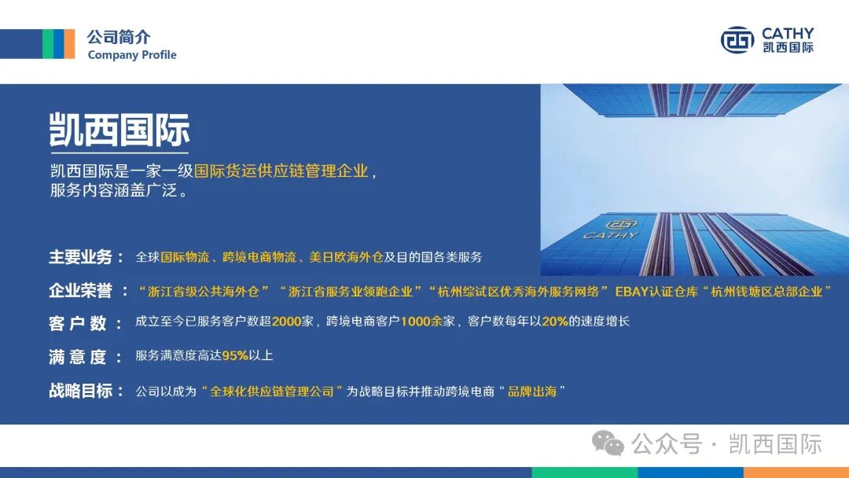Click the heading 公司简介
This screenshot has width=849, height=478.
click(118, 37)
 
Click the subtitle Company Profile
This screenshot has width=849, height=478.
click(132, 55)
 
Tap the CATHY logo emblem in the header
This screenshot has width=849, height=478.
click(737, 40)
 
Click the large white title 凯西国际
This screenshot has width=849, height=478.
click(119, 131)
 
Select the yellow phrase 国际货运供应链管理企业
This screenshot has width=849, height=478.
click(281, 171)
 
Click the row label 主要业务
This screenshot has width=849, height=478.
click(82, 257)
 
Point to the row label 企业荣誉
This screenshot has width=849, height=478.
click(82, 291)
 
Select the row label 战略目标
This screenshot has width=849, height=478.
click(82, 391)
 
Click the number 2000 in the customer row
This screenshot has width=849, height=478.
click(286, 322)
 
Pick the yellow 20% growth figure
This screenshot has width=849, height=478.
click(554, 322)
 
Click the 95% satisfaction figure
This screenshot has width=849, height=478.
click(234, 355)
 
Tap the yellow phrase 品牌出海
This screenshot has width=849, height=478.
click(532, 391)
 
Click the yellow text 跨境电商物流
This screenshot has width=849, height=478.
click(259, 257)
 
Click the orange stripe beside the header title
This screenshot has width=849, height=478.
click(69, 43)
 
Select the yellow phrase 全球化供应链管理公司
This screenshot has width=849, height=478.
click(272, 391)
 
